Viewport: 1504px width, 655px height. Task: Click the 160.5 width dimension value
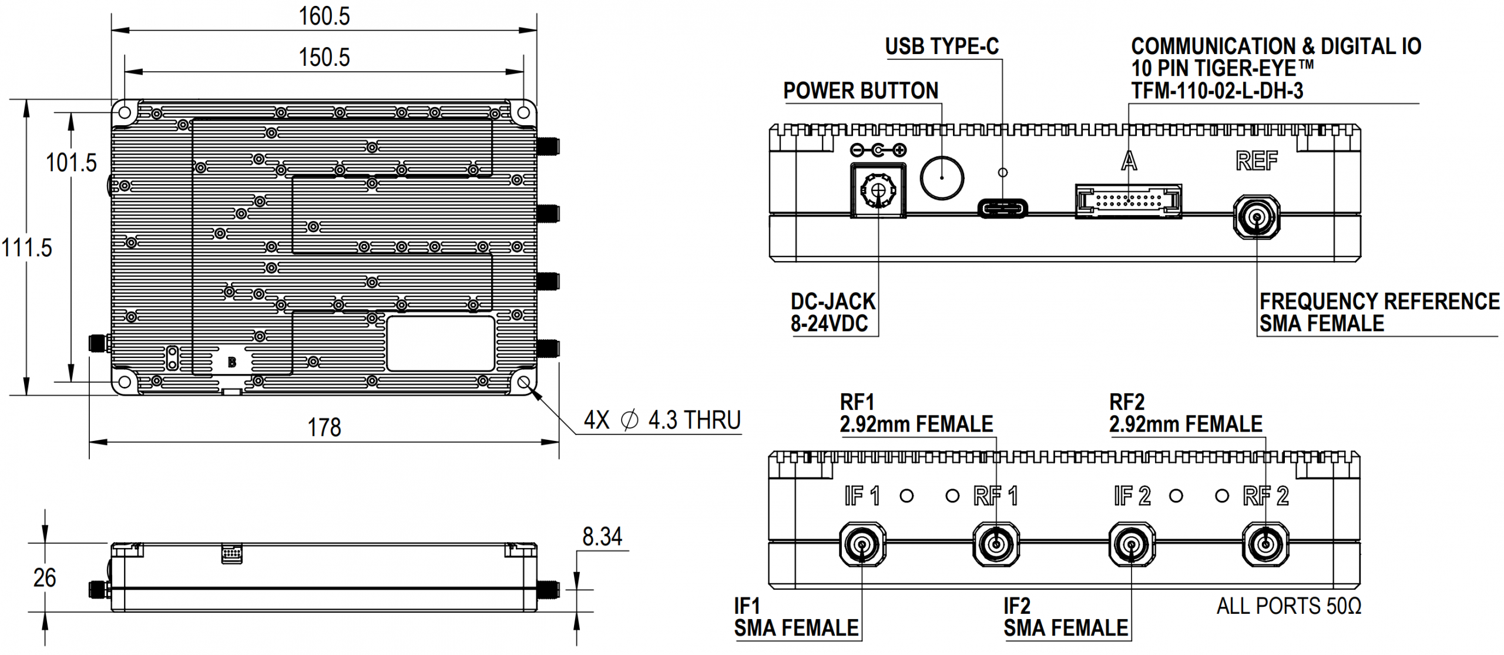click(x=324, y=16)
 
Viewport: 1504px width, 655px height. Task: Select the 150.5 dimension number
click(x=324, y=58)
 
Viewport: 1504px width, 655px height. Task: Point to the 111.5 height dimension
click(x=26, y=248)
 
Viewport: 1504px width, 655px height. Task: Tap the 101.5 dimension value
click(x=71, y=163)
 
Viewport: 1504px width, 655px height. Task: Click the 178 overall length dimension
click(x=324, y=427)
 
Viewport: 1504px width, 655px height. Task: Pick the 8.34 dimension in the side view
click(x=602, y=537)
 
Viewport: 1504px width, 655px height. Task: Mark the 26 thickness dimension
click(x=45, y=578)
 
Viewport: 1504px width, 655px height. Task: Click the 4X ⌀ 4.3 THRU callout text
click(x=662, y=420)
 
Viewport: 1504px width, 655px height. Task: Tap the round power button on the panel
click(x=942, y=177)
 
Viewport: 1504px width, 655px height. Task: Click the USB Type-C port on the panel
click(x=1002, y=208)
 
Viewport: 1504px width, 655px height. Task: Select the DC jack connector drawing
click(x=878, y=190)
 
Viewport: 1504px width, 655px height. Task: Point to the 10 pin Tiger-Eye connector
click(x=1128, y=201)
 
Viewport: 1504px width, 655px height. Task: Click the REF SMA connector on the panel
click(x=1256, y=218)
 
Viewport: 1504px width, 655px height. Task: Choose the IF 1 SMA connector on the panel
click(x=862, y=544)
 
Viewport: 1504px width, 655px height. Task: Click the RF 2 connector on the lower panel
click(x=1265, y=544)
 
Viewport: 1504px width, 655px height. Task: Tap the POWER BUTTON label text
click(x=861, y=91)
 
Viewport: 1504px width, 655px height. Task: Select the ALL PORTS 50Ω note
click(x=1288, y=606)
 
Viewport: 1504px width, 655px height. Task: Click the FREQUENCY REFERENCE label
click(x=1379, y=302)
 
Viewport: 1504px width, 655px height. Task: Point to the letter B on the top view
click(x=232, y=362)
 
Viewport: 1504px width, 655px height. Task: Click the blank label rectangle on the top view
click(x=440, y=343)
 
